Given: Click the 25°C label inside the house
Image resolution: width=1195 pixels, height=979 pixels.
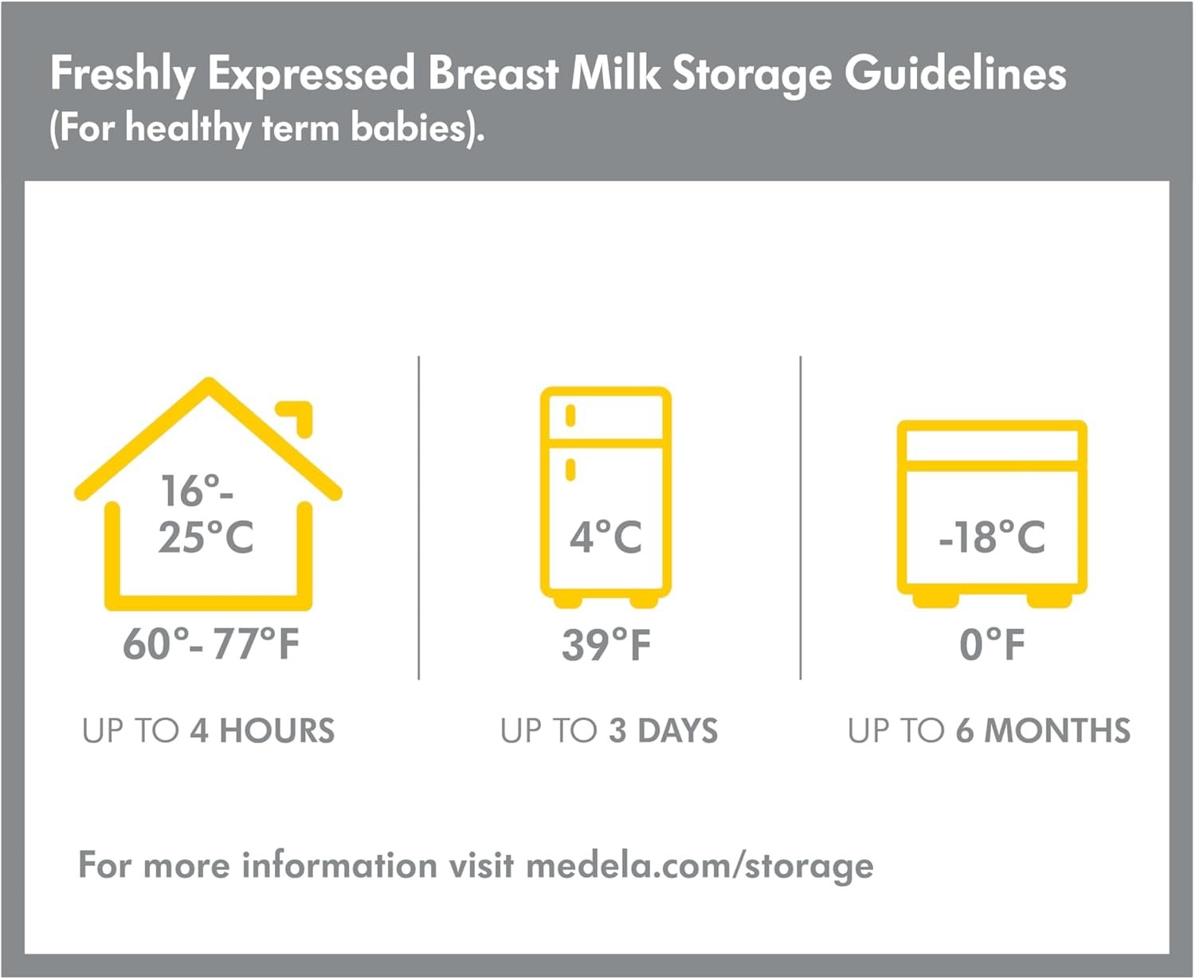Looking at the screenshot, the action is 206,537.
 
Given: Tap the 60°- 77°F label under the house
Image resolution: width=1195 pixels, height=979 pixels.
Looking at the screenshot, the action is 211,644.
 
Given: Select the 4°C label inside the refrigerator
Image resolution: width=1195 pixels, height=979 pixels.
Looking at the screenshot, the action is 605,537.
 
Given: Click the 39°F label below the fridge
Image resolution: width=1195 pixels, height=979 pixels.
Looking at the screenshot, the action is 606,644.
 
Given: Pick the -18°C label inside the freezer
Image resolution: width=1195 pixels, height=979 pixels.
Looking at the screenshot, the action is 992,537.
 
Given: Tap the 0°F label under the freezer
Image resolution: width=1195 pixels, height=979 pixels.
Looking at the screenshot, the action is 992,644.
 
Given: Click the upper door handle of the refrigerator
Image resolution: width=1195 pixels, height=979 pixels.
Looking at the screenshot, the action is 570,415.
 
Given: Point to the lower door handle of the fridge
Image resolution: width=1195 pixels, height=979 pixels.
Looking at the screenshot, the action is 570,470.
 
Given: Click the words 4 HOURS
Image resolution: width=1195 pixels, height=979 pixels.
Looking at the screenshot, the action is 262,730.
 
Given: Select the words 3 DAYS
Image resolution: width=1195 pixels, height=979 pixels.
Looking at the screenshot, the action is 664,730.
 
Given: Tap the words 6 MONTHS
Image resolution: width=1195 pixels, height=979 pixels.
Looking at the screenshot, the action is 1043,730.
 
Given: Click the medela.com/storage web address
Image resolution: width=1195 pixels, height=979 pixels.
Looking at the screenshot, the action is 699,867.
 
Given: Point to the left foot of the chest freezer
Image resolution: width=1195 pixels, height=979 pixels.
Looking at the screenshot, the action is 935,601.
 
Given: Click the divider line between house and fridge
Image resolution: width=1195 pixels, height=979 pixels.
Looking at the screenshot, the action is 419,518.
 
